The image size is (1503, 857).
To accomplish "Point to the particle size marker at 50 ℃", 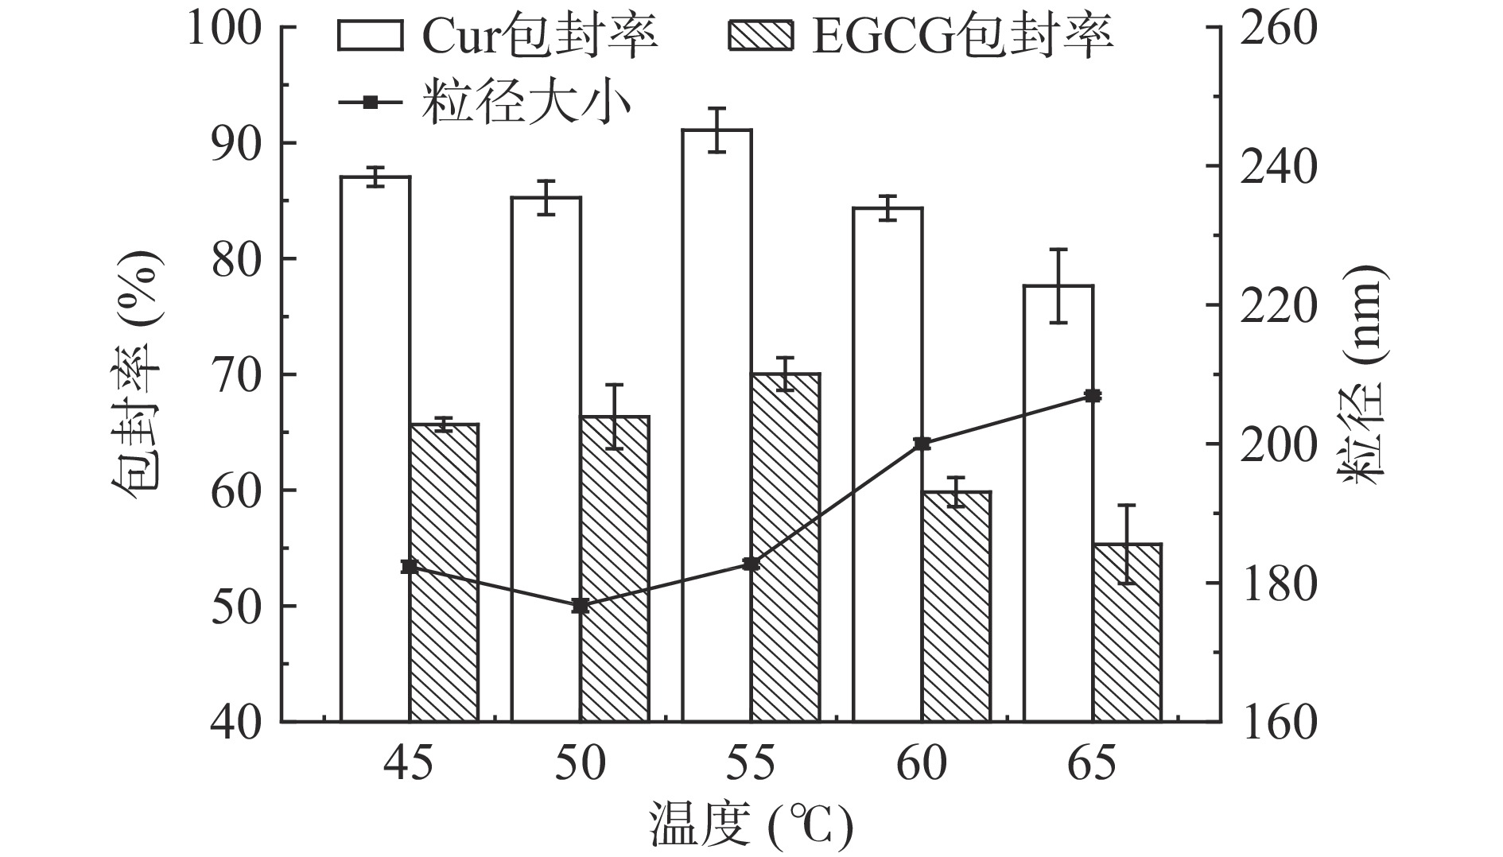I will tap(580, 606).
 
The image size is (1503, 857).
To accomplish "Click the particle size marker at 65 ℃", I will tap(1093, 396).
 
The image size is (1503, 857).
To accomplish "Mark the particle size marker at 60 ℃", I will tap(922, 444).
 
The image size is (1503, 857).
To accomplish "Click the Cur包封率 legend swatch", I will tap(370, 36).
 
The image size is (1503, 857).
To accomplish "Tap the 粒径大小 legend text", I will tap(526, 103).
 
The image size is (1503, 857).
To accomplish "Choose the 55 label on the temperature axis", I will tap(751, 765).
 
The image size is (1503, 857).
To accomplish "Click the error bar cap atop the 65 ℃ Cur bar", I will tap(1058, 250).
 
